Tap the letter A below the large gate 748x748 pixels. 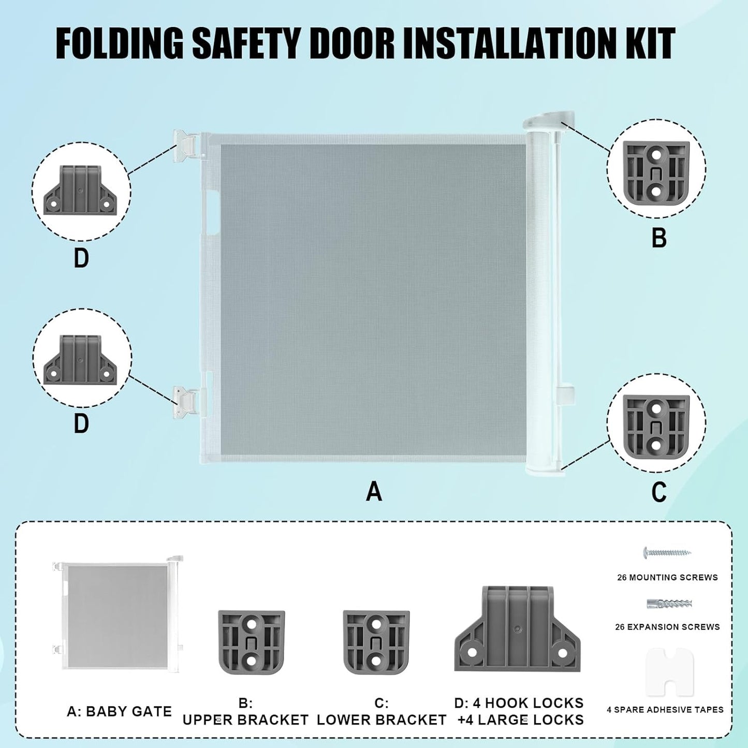coord(374,492)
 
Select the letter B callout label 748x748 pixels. coord(659,238)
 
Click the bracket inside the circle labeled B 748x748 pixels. coord(656,173)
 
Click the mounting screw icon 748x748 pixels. coord(668,552)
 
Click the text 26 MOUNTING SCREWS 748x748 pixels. coord(668,578)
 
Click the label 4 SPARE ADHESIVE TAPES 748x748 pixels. coord(665,710)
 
